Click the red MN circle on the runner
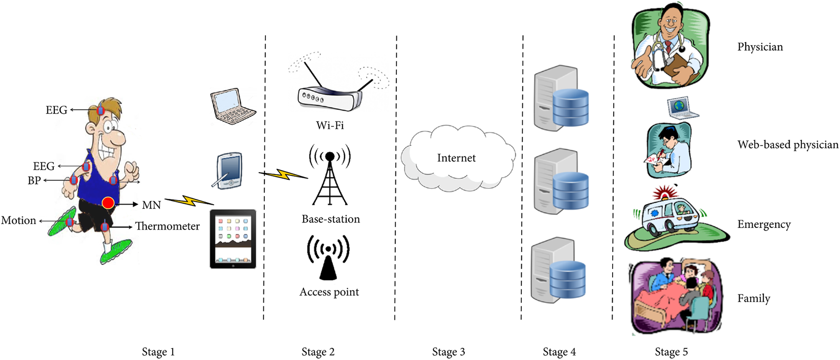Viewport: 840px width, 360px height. click(108, 203)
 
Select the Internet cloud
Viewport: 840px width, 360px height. click(457, 159)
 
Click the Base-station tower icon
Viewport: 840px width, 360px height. click(330, 175)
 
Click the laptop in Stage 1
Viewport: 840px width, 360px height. click(232, 106)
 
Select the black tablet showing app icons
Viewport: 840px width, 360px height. click(233, 239)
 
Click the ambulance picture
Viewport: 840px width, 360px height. click(670, 218)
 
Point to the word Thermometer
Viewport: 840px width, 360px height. click(167, 226)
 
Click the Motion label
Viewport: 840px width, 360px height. click(19, 221)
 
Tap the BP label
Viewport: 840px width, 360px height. click(34, 181)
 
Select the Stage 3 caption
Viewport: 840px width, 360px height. click(448, 352)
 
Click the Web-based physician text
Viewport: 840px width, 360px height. click(787, 145)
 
